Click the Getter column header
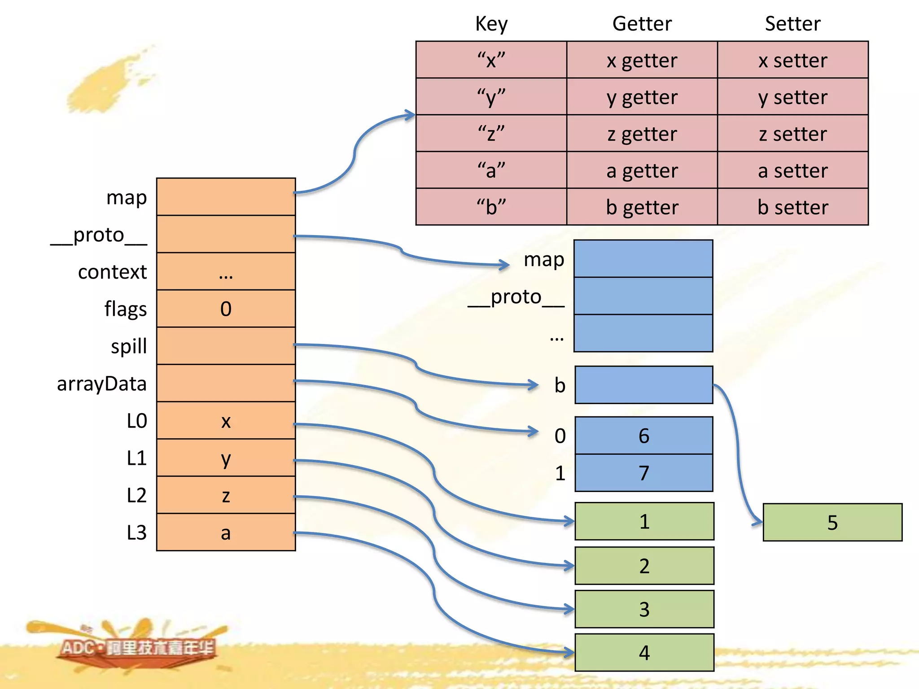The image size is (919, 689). [x=642, y=24]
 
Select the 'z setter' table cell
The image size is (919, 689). [x=792, y=134]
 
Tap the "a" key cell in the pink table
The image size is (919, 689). [x=491, y=170]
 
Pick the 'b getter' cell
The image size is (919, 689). [x=642, y=207]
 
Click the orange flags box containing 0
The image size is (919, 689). [x=226, y=309]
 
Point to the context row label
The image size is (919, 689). [x=112, y=272]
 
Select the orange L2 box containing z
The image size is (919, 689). [x=226, y=495]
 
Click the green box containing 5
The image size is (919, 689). [x=832, y=523]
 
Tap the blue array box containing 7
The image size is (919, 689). [x=643, y=473]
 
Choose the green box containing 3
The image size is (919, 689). [x=644, y=609]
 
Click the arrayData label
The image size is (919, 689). [x=102, y=384]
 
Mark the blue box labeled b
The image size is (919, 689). [x=643, y=385]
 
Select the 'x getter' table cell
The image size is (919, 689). [x=642, y=60]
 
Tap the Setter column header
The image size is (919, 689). [x=792, y=24]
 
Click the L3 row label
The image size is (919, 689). [x=136, y=532]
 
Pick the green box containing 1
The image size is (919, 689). [x=644, y=521]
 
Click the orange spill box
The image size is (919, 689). [x=226, y=346]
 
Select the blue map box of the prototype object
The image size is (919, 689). [x=643, y=259]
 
